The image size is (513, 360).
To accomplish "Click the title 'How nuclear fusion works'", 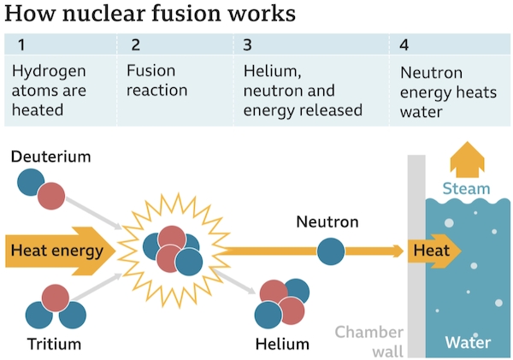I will (150, 15).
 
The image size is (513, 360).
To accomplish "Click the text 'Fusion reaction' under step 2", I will (157, 81).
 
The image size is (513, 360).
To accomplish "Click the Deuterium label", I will (50, 156).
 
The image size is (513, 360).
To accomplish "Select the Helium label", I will (281, 344).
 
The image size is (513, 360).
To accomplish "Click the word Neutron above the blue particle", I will (327, 222).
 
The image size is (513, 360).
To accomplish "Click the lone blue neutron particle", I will (330, 251).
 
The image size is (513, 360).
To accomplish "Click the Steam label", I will (467, 189).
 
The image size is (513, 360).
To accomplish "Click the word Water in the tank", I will (469, 343).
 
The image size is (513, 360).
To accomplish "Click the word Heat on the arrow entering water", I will (430, 251).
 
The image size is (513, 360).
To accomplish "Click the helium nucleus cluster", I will (283, 302).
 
